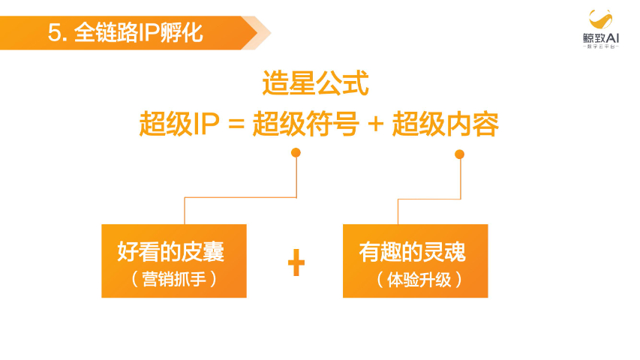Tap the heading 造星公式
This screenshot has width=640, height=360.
click(315, 84)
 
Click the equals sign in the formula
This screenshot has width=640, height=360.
click(236, 125)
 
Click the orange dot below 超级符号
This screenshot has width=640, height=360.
click(296, 153)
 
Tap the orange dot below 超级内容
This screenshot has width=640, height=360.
click(459, 154)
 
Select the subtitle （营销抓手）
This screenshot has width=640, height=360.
click(173, 279)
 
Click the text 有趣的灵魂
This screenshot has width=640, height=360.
click(413, 251)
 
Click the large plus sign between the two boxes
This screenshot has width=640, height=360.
click(296, 264)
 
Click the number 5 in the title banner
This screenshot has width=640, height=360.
click(53, 33)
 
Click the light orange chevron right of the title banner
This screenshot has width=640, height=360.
click(260, 32)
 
